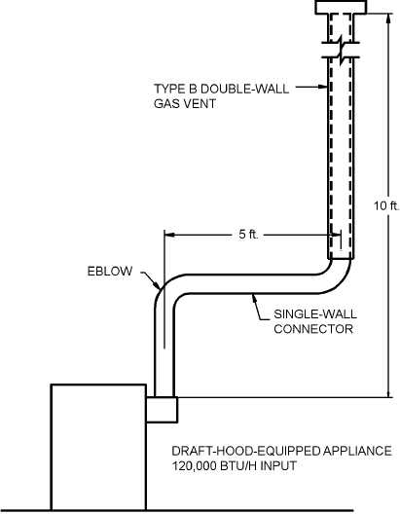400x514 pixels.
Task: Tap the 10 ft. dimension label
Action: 385,205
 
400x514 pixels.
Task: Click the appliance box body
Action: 97,447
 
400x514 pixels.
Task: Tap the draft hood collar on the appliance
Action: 162,410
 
